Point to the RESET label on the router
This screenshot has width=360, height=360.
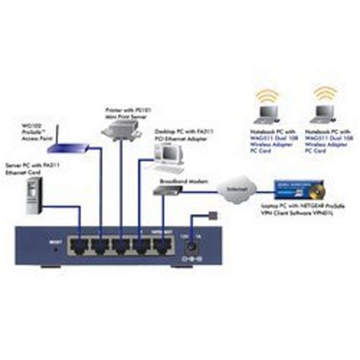(55, 242)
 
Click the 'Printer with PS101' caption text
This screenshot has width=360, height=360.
(125, 110)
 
